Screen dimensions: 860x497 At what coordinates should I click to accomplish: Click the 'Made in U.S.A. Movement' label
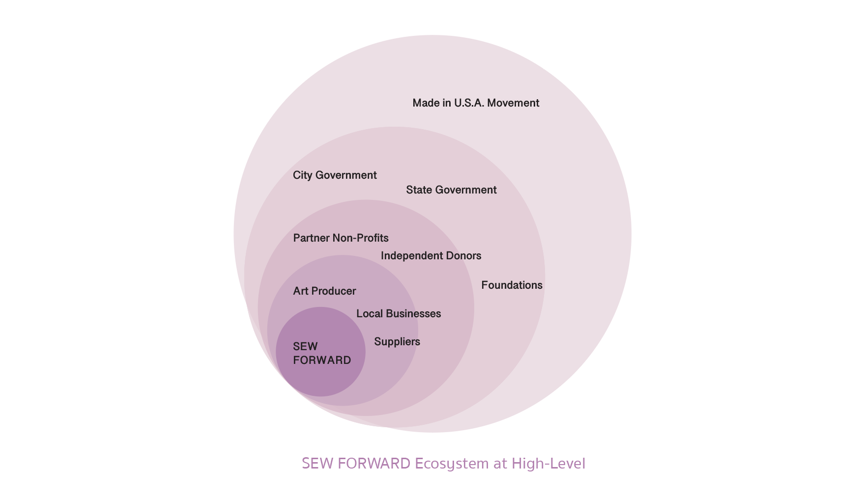[x=476, y=103]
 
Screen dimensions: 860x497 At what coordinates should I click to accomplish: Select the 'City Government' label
[x=335, y=175]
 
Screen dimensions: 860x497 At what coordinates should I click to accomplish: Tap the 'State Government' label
[x=451, y=190]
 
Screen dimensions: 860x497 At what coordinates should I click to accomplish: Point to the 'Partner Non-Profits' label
[x=341, y=238]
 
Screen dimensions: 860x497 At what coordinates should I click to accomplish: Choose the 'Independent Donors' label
[x=431, y=256]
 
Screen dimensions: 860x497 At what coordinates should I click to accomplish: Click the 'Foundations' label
[x=512, y=285]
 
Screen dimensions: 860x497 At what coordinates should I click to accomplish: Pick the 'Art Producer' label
[x=324, y=291]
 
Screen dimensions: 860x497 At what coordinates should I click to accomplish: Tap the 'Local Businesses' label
[x=399, y=314]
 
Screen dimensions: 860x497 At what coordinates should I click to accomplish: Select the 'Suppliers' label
[x=397, y=342]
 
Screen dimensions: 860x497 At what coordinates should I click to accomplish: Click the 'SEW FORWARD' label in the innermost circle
[x=322, y=354]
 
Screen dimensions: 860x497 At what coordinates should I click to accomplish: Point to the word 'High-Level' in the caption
[x=548, y=464]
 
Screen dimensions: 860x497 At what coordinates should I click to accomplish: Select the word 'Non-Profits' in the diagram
[x=361, y=238]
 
